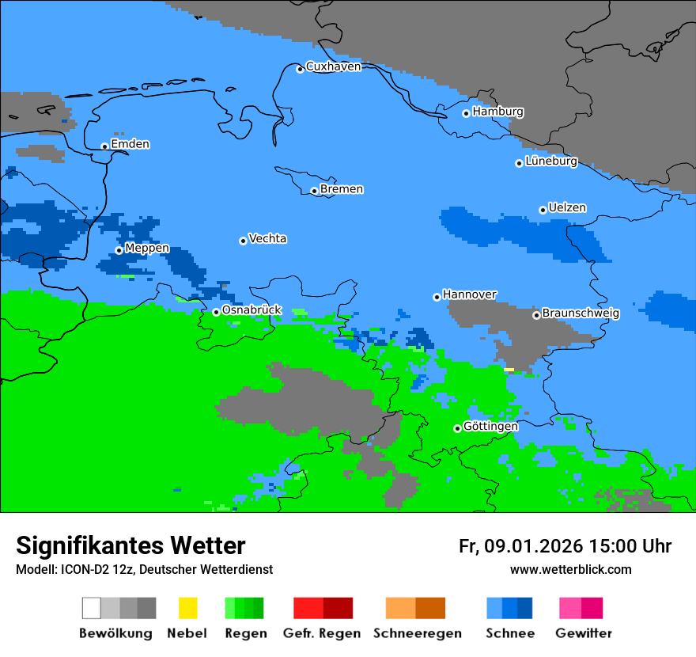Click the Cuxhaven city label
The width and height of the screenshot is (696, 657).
(x=333, y=66)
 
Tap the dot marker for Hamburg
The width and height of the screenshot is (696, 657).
(x=467, y=113)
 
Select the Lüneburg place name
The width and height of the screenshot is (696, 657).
(x=551, y=161)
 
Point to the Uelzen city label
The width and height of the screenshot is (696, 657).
(x=567, y=208)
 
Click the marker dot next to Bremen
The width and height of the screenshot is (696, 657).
(x=314, y=191)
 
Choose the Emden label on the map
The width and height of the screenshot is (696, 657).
(x=130, y=144)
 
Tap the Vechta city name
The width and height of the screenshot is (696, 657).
(x=267, y=238)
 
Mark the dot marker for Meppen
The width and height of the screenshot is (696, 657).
(x=119, y=250)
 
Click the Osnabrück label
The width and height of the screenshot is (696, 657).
(x=252, y=310)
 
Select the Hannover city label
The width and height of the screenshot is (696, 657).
(x=469, y=294)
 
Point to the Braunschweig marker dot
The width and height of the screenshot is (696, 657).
(x=536, y=315)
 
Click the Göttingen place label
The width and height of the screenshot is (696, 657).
(x=490, y=427)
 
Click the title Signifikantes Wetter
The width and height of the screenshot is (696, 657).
(x=130, y=546)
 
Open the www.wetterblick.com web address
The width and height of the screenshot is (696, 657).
(x=570, y=570)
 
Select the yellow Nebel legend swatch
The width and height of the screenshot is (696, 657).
(x=187, y=608)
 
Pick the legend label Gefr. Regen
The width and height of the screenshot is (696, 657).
(x=322, y=633)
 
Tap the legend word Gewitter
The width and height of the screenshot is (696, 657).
(x=583, y=633)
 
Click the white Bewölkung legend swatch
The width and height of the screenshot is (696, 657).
(x=92, y=608)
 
